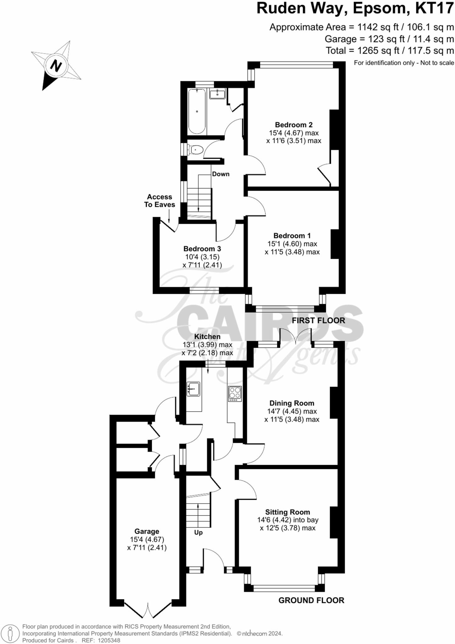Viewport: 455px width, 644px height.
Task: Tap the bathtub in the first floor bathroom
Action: [197, 111]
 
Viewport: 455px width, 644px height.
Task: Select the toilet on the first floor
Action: [196, 150]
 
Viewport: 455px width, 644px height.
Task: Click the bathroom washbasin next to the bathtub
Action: [217, 94]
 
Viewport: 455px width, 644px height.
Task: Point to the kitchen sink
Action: [193, 389]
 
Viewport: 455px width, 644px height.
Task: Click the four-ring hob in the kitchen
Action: [235, 393]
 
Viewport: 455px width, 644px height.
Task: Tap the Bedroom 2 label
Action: [294, 125]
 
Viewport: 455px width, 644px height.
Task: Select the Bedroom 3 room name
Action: [202, 248]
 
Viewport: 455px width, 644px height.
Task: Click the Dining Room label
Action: [292, 403]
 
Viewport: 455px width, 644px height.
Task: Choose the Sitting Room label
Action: [287, 512]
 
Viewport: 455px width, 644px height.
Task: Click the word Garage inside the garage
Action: [147, 531]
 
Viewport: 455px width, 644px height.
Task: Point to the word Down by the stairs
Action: [221, 174]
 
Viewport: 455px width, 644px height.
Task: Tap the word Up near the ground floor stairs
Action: [198, 532]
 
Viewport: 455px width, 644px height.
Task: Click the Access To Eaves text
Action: [160, 201]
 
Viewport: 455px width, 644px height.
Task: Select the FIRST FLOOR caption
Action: [318, 320]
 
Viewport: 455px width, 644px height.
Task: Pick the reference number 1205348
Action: [109, 640]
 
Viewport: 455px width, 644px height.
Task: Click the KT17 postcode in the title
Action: [434, 8]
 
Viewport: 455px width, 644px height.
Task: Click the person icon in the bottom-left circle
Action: [10, 633]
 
